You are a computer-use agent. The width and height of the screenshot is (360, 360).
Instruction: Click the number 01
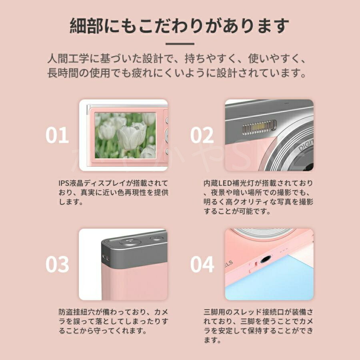57,136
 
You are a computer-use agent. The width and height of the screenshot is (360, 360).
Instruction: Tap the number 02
202,136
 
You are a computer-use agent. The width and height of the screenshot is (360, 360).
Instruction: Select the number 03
57,264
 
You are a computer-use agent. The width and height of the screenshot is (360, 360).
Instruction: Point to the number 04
202,264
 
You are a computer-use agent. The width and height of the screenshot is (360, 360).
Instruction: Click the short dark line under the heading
180,44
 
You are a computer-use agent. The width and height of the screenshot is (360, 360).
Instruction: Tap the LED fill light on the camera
259,128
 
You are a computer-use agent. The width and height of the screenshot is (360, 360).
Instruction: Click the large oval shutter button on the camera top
130,242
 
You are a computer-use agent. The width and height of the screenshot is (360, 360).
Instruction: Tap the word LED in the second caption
223,183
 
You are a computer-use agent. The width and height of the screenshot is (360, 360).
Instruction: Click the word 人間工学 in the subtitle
68,59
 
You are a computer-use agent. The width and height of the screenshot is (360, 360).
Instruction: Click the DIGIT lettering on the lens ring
306,145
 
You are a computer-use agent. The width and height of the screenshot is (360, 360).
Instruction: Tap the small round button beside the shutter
156,238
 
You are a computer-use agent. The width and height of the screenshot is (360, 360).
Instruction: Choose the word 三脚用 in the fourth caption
214,312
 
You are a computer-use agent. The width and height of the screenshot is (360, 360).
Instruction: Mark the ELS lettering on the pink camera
228,264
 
